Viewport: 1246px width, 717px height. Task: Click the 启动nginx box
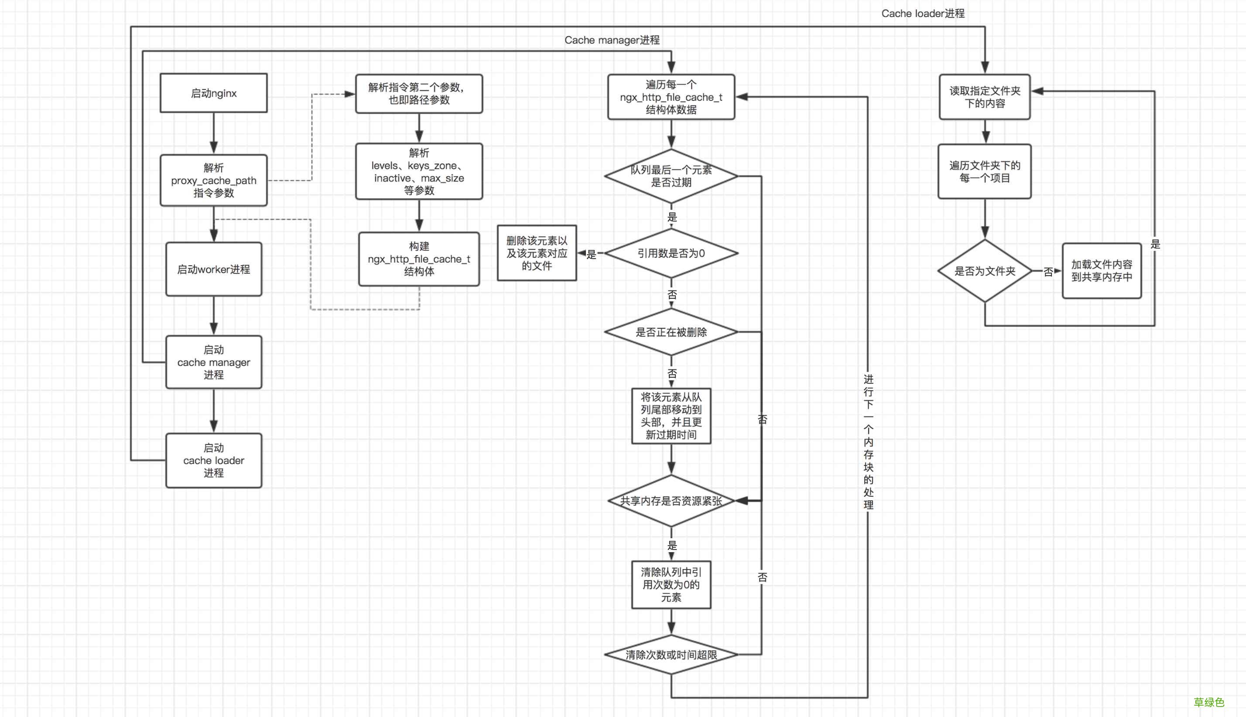pyautogui.click(x=213, y=93)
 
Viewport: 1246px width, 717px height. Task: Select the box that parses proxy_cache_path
pyautogui.click(x=213, y=180)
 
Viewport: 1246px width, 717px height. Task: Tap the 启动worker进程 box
pyautogui.click(x=213, y=269)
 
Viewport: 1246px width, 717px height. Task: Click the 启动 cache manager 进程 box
pyautogui.click(x=213, y=362)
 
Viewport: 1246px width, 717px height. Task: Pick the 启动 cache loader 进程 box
pyautogui.click(x=213, y=461)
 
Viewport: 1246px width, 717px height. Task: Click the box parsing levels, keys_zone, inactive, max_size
pyautogui.click(x=419, y=171)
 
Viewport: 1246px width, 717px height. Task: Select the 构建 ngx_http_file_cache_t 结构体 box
pyautogui.click(x=419, y=259)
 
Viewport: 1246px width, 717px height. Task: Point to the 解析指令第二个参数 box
pyautogui.click(x=419, y=94)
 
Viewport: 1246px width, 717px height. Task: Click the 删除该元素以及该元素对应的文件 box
pyautogui.click(x=536, y=253)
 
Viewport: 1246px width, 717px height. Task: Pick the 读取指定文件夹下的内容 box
pyautogui.click(x=985, y=97)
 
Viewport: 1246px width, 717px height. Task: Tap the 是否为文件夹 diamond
pyautogui.click(x=985, y=271)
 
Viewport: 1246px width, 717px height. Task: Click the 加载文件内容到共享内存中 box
pyautogui.click(x=1101, y=271)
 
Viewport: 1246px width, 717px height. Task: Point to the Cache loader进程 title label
pyautogui.click(x=922, y=13)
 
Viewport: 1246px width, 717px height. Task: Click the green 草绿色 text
pyautogui.click(x=1208, y=702)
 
